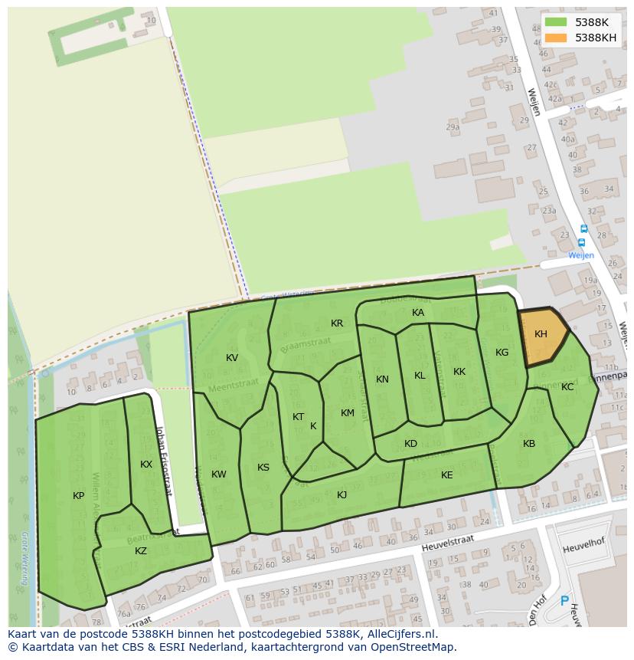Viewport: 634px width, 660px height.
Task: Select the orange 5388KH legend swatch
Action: coord(557,38)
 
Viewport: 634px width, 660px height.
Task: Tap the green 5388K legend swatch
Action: coord(557,22)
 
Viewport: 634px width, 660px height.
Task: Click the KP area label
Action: coord(78,496)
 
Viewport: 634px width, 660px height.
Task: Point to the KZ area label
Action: coord(141,551)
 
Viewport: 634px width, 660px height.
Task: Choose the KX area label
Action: coord(146,465)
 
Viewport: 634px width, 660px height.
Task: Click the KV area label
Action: coord(232,358)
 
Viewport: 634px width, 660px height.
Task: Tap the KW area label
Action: coord(219,474)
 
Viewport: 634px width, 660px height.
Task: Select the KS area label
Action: coord(263,468)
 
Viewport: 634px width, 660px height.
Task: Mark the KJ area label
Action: coord(342,495)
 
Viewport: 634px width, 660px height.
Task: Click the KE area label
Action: coord(447,475)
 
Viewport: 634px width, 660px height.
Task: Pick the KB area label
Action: coord(529,444)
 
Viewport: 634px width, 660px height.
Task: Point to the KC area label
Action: coord(567,387)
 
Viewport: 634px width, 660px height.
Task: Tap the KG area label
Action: coord(502,353)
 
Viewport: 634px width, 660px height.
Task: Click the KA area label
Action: coord(418,313)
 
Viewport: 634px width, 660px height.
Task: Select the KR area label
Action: coord(337,323)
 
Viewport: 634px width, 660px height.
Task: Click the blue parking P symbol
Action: coord(565,602)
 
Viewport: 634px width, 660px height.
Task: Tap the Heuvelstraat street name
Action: coord(447,543)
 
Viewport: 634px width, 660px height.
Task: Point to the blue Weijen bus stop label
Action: coord(580,255)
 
